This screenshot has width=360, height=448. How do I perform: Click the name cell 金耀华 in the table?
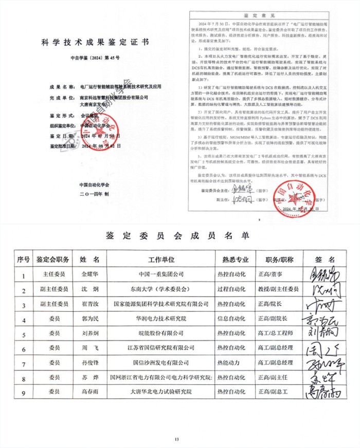93,275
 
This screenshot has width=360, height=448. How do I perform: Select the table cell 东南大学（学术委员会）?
161,290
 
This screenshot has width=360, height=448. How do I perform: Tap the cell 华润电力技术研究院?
161,319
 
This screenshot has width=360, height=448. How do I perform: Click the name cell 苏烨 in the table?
93,378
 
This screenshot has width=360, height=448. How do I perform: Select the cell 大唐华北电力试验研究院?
161,392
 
